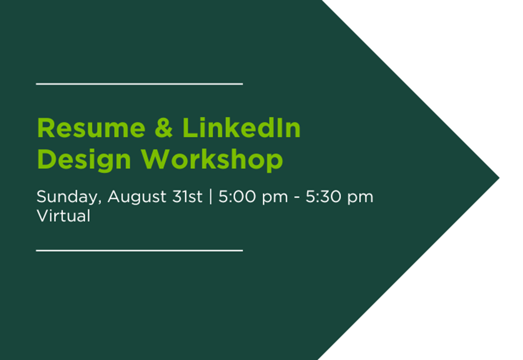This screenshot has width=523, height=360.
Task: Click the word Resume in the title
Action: (91, 128)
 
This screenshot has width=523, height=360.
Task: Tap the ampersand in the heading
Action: (163, 128)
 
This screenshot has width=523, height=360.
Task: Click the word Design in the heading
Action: (84, 160)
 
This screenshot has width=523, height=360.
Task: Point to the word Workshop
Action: (212, 160)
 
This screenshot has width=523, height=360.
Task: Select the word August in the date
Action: (137, 197)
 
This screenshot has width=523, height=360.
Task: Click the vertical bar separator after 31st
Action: (211, 197)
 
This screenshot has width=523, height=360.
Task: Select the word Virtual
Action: (64, 215)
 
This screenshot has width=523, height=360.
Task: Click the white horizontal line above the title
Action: (139, 84)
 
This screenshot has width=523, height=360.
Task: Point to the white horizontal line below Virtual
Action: (139, 251)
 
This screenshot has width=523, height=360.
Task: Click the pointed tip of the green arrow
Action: (499, 178)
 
